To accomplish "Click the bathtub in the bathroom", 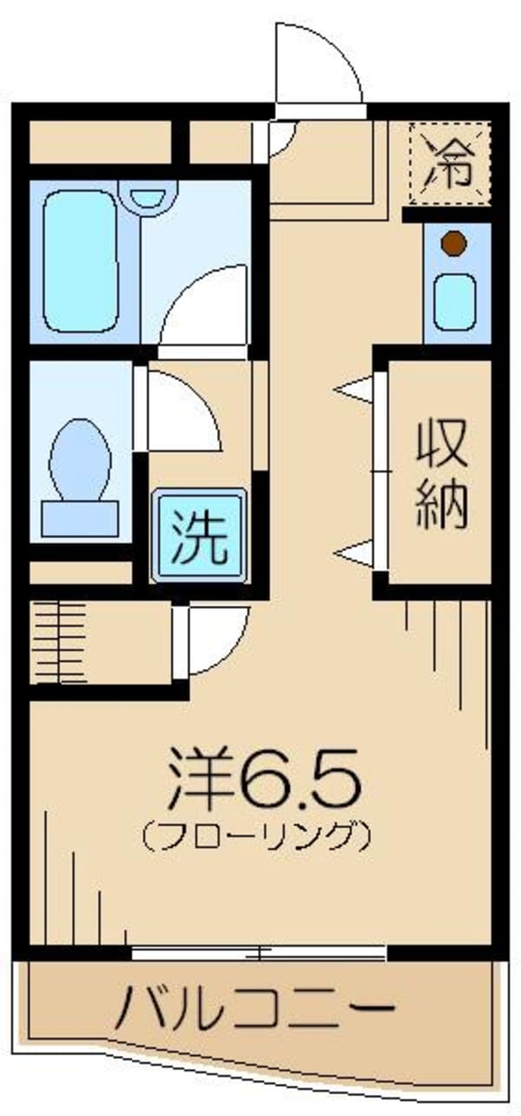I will pos(81,261).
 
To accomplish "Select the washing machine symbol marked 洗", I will pos(199,536).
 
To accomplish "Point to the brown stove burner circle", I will pos(453,244).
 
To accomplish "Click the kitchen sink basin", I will pos(455,300).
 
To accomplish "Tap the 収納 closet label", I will pos(441,473).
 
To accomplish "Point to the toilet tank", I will pos(80,518).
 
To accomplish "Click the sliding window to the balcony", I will pos(259,954).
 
